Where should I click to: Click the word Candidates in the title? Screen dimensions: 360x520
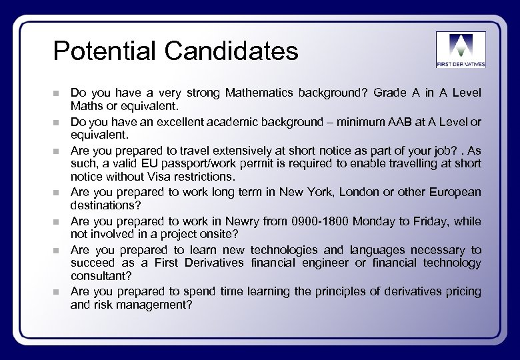(234, 51)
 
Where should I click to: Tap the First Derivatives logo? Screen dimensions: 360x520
(461, 49)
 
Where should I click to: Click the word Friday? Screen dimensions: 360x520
(428, 220)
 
